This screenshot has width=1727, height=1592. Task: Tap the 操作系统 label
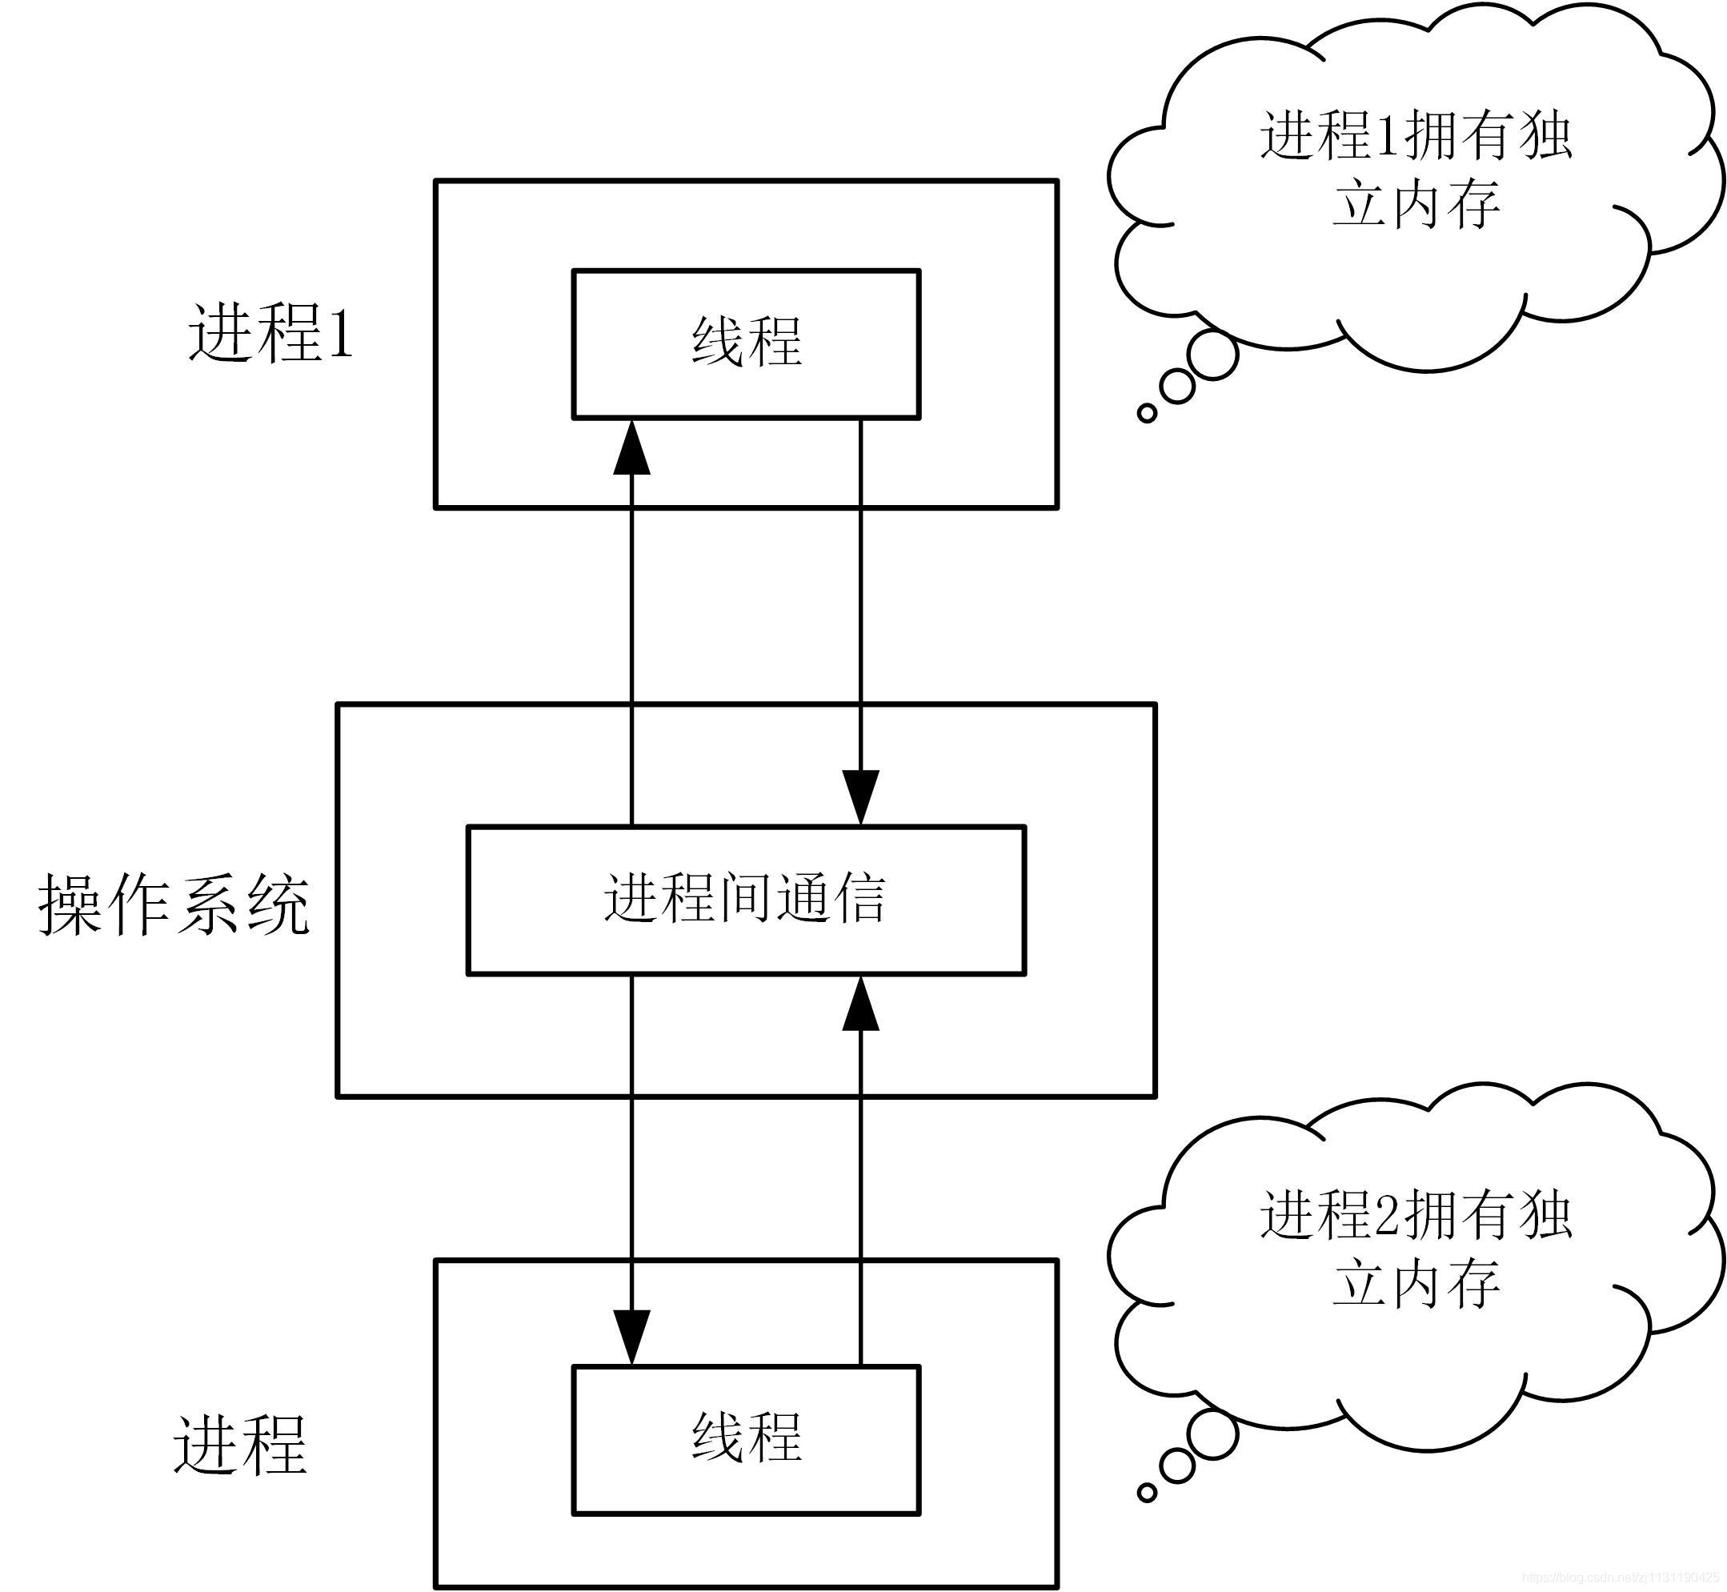(174, 904)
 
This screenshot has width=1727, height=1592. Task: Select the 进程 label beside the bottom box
(240, 1446)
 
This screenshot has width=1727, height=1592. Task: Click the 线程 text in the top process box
(747, 342)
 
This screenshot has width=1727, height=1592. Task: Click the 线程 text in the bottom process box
(747, 1437)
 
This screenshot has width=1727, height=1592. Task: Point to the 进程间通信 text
(745, 898)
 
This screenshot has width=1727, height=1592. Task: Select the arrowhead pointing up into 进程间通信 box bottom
(860, 1005)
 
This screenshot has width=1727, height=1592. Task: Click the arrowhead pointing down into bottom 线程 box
(631, 1336)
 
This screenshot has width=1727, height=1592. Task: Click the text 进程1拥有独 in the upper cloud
(1415, 135)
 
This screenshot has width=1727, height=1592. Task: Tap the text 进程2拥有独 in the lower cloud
(1415, 1215)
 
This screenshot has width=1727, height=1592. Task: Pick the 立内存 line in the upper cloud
(1415, 205)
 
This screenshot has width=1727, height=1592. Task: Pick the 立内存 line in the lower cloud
(1415, 1284)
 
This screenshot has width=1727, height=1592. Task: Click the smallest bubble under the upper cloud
(1148, 414)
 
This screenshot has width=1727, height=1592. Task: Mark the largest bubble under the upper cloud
(1212, 355)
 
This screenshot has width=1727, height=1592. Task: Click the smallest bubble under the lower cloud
(1148, 1493)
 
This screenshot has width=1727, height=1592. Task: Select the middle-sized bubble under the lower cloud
(1176, 1466)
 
